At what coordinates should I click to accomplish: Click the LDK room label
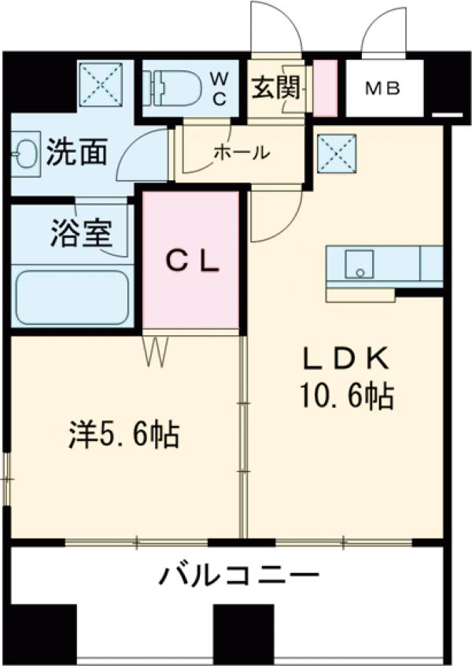pos(347,358)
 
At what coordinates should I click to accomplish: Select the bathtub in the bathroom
pos(72,297)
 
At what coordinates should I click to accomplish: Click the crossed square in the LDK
pos(337,152)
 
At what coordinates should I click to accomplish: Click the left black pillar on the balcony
pos(44,631)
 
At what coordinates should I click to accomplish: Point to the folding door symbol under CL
pos(156,351)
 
